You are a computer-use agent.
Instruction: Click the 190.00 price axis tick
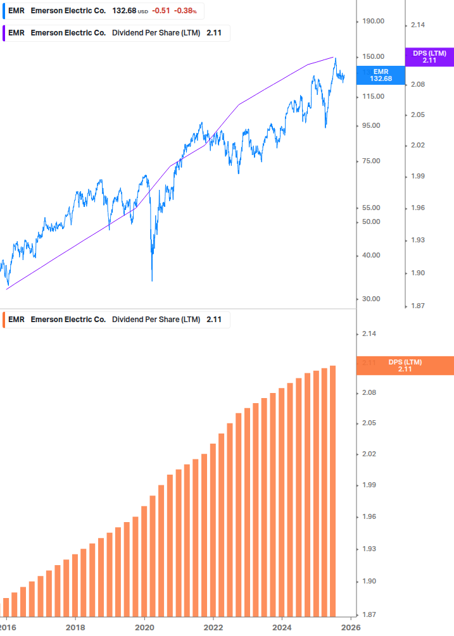pos(373,21)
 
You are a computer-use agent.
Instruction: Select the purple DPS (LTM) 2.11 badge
pos(429,57)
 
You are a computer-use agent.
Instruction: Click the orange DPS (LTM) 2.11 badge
pos(405,365)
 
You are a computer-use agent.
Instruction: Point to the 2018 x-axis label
pos(75,627)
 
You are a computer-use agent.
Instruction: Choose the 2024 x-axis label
pos(282,627)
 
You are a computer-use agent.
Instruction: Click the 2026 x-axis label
pos(351,627)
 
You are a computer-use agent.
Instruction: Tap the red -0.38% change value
pos(186,11)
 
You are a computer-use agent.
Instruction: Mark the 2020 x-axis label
pos(144,627)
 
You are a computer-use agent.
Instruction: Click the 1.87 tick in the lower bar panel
pos(370,614)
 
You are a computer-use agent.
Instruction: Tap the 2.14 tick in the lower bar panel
pos(370,334)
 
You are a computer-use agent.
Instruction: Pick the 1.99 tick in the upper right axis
pos(417,177)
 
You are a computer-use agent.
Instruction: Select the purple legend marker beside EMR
pos(4,33)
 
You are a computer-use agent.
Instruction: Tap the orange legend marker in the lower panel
pos(4,320)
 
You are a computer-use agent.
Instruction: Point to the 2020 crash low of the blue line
pos(152,280)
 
